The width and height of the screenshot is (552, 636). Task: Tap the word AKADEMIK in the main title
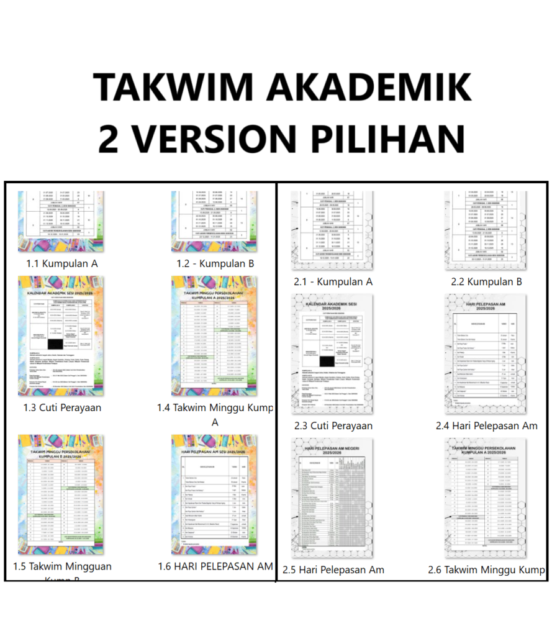pos(369,86)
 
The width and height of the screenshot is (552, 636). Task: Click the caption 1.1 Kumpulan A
pos(61,263)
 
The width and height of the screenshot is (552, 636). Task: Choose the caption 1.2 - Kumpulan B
pos(215,263)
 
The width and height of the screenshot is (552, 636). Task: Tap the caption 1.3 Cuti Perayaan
pos(61,407)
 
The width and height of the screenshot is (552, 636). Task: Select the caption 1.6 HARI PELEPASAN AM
pos(215,566)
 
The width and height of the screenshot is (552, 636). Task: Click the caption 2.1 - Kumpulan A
pos(333,281)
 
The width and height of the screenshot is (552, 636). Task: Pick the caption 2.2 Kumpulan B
pos(486,281)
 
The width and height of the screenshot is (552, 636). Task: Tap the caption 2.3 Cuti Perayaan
pos(333,425)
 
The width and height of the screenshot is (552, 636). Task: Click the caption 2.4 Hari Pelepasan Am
pos(486,425)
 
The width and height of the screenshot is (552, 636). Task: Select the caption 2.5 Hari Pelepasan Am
pos(333,570)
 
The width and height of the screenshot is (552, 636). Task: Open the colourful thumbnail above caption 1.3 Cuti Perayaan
pos(61,336)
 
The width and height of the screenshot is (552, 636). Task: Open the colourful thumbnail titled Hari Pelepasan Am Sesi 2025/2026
pos(214,494)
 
